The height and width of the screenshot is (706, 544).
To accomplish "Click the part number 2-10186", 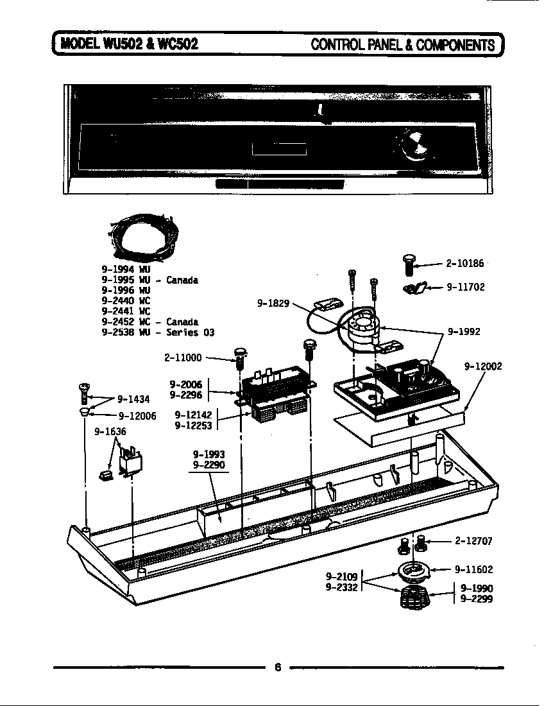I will coord(465,263).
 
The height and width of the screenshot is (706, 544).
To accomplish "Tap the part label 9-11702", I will coord(466,288).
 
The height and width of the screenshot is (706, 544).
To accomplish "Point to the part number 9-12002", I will coord(482,366).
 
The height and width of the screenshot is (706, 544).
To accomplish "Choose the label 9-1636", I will coord(110,432).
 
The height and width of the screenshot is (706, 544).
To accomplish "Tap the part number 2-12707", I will coord(473,541).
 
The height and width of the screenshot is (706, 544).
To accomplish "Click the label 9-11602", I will coord(473,569).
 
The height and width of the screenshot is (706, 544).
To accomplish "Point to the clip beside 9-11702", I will coord(413,288).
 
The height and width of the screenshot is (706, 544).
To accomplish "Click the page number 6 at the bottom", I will coord(278,667).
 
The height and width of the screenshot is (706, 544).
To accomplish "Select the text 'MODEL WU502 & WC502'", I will coord(128,44).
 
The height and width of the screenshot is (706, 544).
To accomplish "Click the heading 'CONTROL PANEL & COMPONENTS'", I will coord(403,44).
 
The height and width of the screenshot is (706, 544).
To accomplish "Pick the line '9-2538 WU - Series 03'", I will coord(158,332).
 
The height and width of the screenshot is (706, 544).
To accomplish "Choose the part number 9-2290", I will coord(208,465).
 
